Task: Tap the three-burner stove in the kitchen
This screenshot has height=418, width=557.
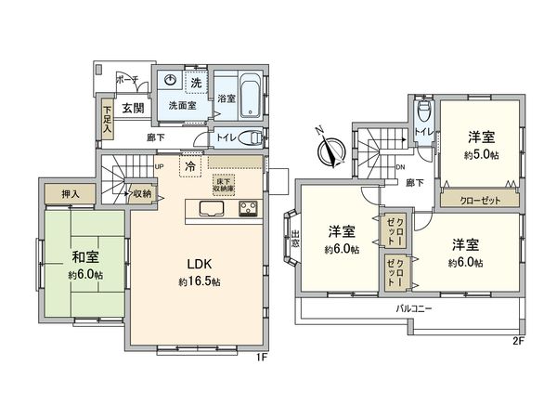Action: tap(250, 208)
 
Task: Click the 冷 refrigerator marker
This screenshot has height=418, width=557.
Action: tap(190, 167)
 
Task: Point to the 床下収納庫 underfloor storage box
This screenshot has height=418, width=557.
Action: tap(224, 183)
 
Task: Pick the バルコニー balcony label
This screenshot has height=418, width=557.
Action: tap(415, 307)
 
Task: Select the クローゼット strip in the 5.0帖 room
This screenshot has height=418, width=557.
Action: tap(480, 199)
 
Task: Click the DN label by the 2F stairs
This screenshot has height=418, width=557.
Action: tap(399, 167)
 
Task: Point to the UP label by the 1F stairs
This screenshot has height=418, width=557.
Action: tap(161, 167)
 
